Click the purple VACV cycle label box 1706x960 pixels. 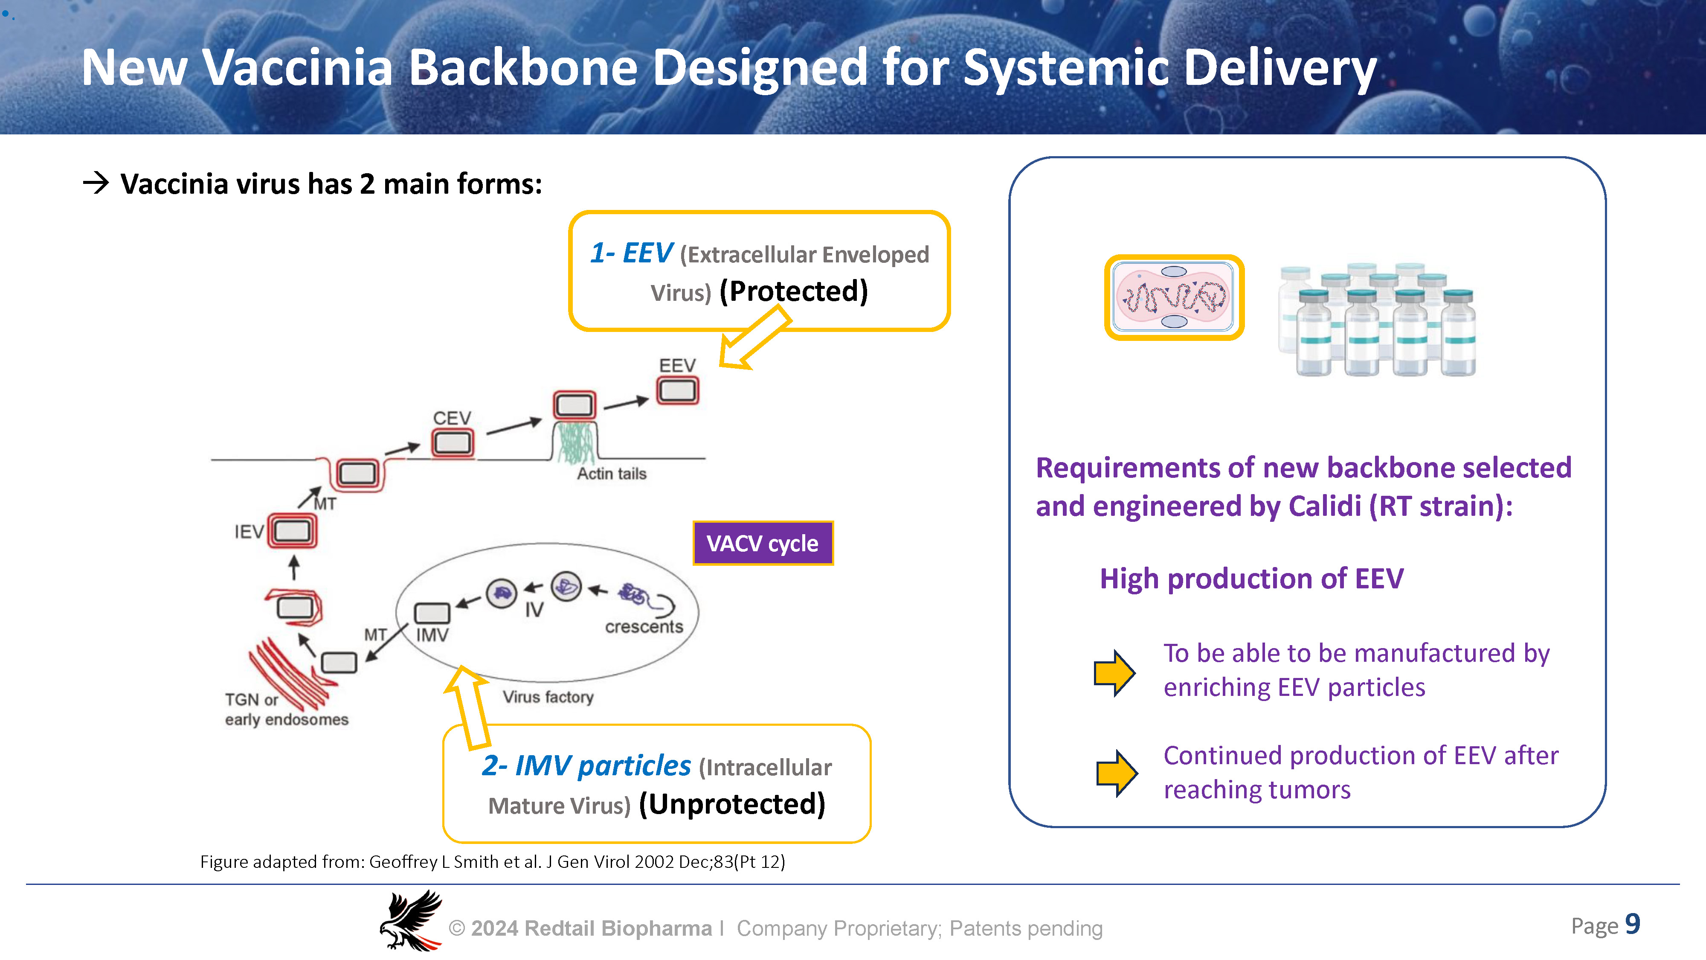(762, 543)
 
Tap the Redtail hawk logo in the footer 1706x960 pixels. (411, 920)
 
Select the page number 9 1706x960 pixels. (1633, 924)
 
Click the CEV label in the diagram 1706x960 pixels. (452, 418)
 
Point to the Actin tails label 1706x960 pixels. (611, 474)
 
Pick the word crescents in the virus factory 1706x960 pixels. (644, 627)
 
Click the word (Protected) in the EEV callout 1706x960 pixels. (793, 291)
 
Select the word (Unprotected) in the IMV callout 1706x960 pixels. (732, 804)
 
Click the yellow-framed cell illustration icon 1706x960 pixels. (1174, 297)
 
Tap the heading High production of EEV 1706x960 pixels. (1251, 579)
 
